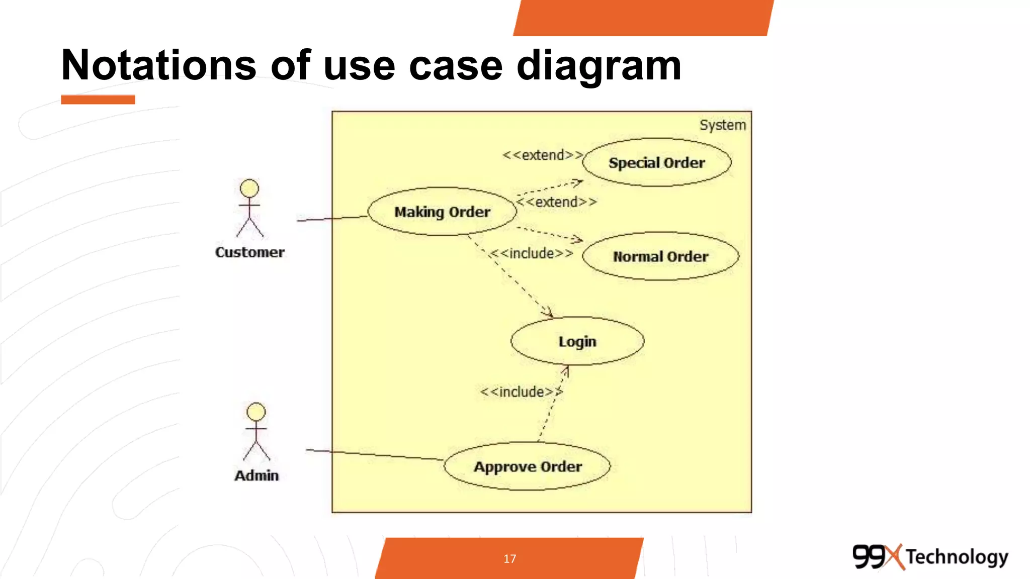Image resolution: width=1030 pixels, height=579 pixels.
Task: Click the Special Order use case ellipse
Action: (656, 162)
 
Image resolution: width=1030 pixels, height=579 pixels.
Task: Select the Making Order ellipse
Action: (442, 212)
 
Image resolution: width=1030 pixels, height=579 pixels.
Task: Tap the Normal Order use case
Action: (660, 256)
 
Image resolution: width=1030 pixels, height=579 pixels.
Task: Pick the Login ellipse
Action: (577, 341)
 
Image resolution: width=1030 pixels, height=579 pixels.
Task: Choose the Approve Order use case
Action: (527, 466)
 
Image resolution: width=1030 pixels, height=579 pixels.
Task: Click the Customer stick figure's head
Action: (249, 188)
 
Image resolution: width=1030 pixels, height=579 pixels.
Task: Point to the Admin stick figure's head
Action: (256, 412)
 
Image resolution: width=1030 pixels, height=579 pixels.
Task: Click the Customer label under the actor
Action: (249, 252)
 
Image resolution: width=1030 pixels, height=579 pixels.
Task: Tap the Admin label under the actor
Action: (256, 475)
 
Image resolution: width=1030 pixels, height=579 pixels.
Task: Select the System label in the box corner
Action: (722, 125)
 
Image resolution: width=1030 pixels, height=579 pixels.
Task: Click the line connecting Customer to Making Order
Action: (332, 219)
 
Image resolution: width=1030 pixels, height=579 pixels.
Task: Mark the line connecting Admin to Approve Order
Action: (375, 454)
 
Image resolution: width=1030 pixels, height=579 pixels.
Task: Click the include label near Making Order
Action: (532, 253)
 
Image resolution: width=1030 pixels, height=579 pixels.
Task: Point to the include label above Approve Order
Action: (521, 392)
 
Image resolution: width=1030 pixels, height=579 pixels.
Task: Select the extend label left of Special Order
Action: (543, 155)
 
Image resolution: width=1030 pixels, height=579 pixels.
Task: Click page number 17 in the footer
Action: (509, 558)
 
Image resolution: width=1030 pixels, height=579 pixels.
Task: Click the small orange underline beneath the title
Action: (98, 100)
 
